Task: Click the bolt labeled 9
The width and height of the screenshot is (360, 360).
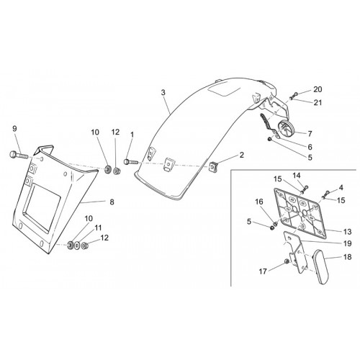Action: [x=19, y=155]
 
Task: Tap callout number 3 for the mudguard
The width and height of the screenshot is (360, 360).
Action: [x=163, y=92]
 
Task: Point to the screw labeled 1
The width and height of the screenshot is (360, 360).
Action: [x=130, y=162]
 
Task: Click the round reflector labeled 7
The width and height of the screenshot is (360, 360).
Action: [x=286, y=128]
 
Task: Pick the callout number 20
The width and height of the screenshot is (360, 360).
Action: [x=318, y=89]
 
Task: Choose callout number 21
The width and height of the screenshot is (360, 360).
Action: [x=318, y=102]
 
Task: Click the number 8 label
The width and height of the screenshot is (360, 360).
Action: [x=112, y=202]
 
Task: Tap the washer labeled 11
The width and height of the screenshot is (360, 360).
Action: [x=77, y=246]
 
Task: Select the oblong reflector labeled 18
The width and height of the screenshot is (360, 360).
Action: [x=320, y=267]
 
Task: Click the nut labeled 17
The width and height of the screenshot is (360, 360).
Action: [x=286, y=262]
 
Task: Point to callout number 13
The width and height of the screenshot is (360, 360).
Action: [x=347, y=232]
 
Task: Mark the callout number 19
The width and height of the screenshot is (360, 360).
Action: [x=347, y=243]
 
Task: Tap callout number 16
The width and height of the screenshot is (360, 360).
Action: [x=259, y=202]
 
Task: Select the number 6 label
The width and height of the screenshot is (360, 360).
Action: [x=310, y=147]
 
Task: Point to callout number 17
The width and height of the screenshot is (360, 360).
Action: [x=263, y=271]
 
